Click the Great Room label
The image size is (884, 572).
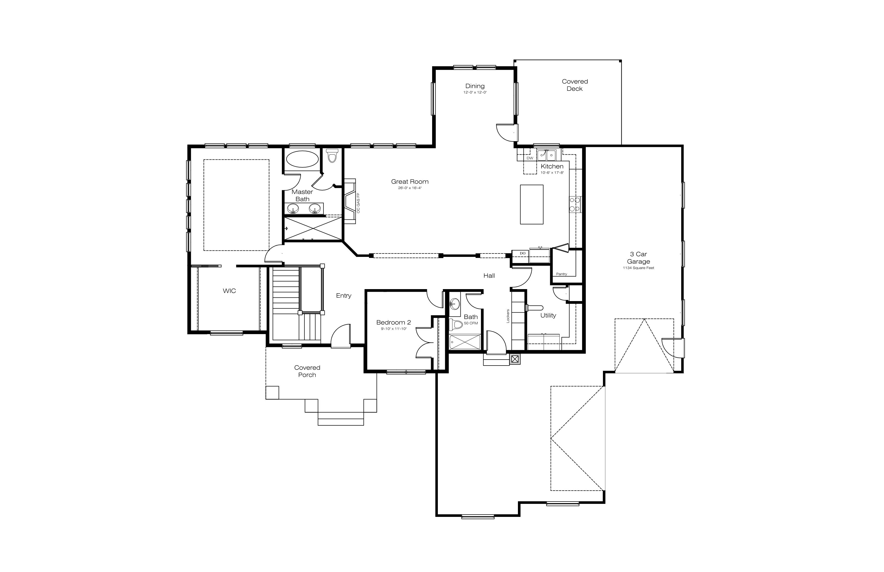point(410,182)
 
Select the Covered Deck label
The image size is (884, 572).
point(575,85)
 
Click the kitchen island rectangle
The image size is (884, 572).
point(531,205)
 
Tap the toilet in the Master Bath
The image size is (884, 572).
point(332,156)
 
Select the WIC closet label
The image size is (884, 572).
point(229,291)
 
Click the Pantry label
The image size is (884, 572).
point(562,274)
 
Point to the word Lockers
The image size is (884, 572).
point(508,316)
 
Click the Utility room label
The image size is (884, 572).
point(548,315)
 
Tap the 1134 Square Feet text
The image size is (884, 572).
point(639,268)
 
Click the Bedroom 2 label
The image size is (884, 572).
point(393,322)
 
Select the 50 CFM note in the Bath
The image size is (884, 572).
point(471,323)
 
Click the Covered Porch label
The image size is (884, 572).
point(307,371)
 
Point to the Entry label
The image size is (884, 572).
point(343,296)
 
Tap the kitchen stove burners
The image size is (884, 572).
point(575,205)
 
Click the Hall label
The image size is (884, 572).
point(489,276)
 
